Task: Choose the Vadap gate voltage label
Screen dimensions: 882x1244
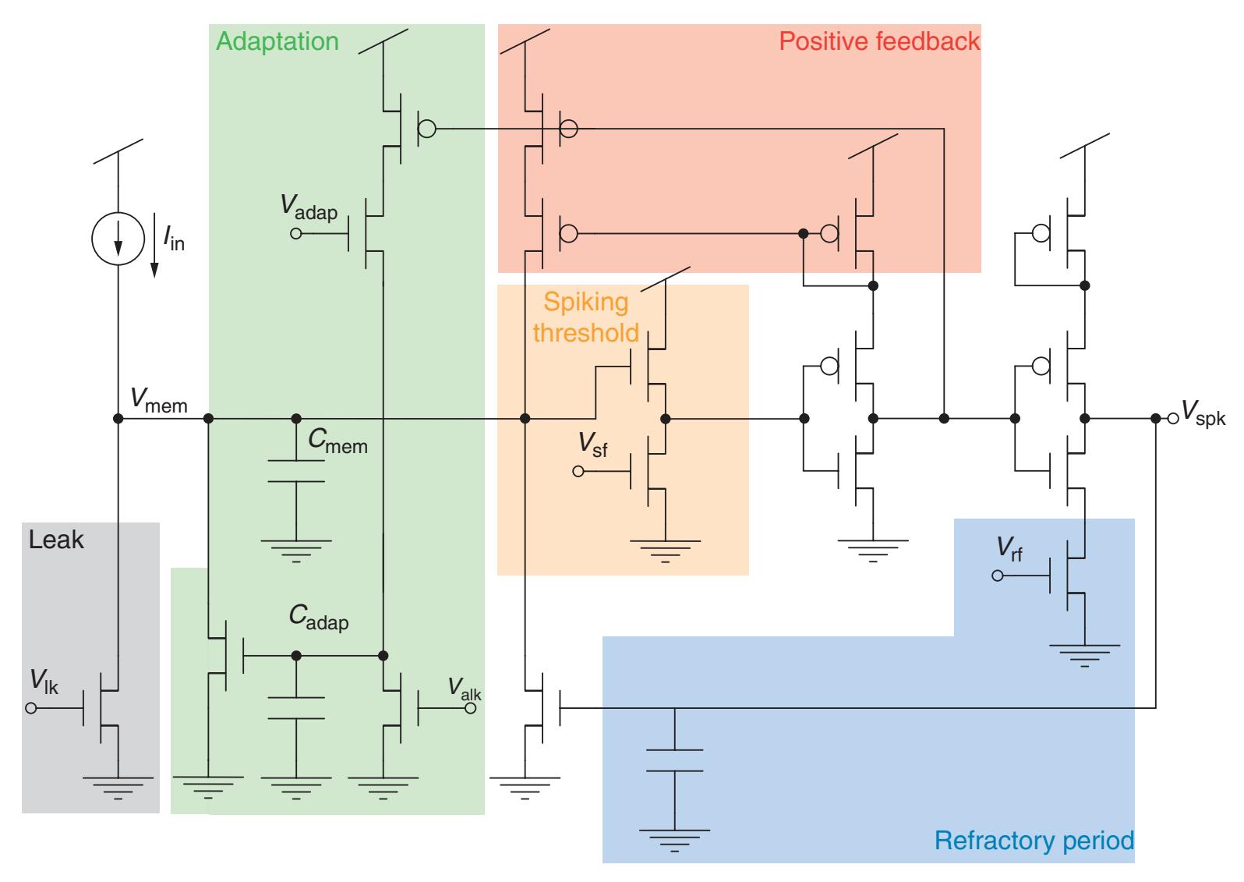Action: pos(309,207)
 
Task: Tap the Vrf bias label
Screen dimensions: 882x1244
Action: pos(1009,550)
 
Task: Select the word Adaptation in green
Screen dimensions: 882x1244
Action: pos(277,41)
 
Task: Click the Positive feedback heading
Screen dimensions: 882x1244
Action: pos(879,41)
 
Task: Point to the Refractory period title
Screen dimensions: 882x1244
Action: pos(1034,841)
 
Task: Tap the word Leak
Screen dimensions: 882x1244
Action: pos(56,540)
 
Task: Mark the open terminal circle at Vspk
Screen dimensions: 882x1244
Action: pos(1173,419)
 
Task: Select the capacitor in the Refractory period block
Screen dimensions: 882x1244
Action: pos(675,760)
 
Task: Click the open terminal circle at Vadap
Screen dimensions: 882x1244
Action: pos(295,233)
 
